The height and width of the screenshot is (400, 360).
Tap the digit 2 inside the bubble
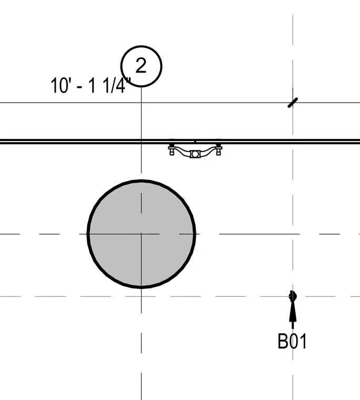(x=141, y=65)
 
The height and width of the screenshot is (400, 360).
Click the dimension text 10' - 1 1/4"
(x=91, y=85)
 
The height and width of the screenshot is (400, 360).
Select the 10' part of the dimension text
(x=59, y=85)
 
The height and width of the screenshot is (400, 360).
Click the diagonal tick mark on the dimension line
(x=293, y=103)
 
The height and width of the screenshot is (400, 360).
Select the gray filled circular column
(x=142, y=234)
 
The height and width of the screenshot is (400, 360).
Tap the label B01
(x=292, y=342)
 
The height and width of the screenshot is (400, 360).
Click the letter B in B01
(x=282, y=342)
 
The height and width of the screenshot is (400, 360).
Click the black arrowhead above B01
(x=293, y=311)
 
